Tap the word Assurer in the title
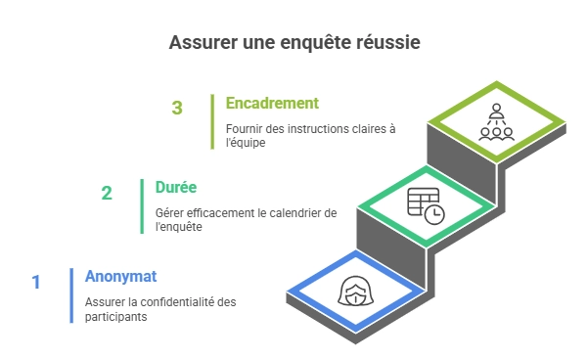(x=203, y=42)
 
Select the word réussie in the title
(x=387, y=42)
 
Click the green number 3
(x=177, y=108)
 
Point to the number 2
(x=107, y=194)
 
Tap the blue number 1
(x=36, y=283)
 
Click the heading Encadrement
(x=272, y=103)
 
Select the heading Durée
(x=176, y=187)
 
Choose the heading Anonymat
(x=120, y=277)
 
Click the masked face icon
(x=355, y=291)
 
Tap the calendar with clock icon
(x=426, y=205)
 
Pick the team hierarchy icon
(x=496, y=122)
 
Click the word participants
(x=115, y=317)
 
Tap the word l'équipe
(x=246, y=143)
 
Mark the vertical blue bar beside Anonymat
(x=71, y=295)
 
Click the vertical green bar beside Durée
(x=142, y=206)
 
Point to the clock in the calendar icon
(x=434, y=214)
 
